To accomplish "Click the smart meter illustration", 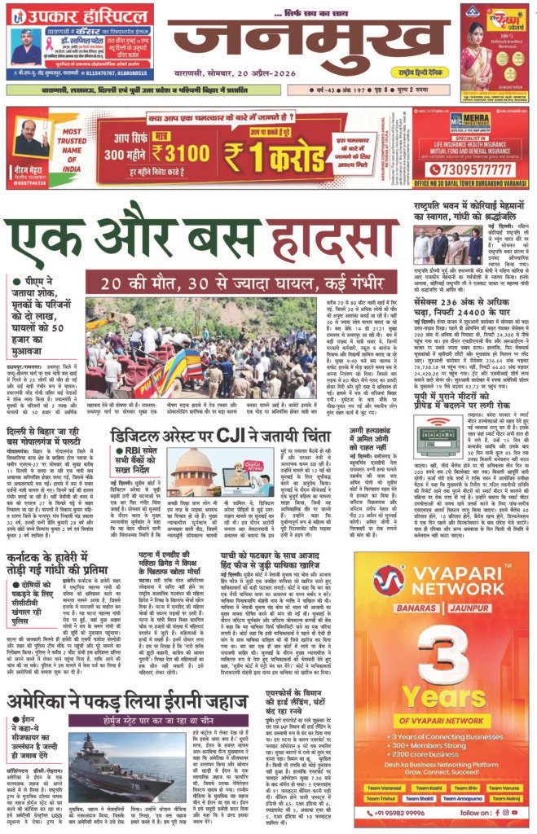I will click(x=438, y=437).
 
